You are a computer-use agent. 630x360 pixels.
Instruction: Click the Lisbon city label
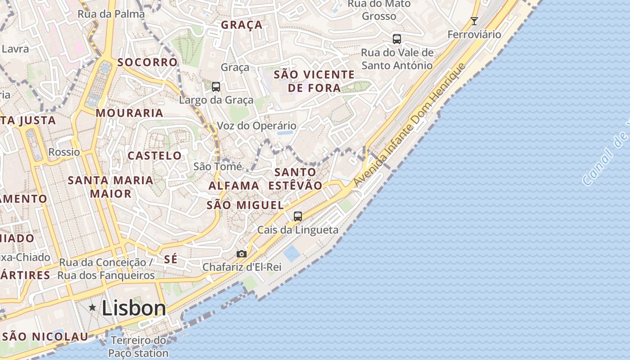click(134, 309)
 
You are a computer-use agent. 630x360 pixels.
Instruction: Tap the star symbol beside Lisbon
click(92, 307)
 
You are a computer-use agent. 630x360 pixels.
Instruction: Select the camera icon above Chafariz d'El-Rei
click(242, 254)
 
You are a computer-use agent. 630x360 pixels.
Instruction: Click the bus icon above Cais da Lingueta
click(297, 216)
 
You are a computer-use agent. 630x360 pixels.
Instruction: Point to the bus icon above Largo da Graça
click(216, 87)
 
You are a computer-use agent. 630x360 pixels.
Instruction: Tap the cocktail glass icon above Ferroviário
click(474, 21)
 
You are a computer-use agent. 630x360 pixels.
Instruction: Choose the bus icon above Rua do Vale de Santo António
click(396, 39)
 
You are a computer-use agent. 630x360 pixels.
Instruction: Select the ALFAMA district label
click(234, 185)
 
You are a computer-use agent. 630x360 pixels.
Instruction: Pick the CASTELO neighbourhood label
click(155, 156)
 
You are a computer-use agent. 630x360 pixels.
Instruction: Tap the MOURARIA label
click(129, 113)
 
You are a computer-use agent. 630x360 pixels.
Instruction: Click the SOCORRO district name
click(148, 62)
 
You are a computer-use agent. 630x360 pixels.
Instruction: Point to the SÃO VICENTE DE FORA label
click(314, 81)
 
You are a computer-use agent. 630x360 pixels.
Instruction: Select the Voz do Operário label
click(256, 126)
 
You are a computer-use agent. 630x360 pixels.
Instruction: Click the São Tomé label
click(217, 166)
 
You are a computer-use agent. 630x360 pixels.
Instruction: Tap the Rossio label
click(64, 152)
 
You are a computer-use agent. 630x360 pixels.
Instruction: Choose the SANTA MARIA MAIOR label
click(110, 187)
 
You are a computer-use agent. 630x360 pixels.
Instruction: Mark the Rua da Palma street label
click(111, 14)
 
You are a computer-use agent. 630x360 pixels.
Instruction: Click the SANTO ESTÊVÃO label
click(295, 179)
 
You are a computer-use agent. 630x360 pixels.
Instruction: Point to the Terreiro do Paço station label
click(138, 346)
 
